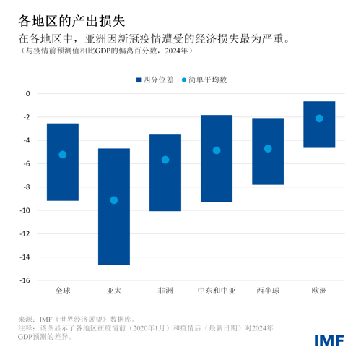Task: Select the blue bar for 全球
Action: (x=63, y=162)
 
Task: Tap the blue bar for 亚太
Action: (x=114, y=207)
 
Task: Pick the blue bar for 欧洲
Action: (x=319, y=124)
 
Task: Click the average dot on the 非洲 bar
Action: (x=165, y=160)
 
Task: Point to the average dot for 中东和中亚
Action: (x=217, y=150)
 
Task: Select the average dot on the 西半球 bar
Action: (x=268, y=149)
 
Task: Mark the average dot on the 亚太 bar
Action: (x=114, y=200)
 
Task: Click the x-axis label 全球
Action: (x=63, y=291)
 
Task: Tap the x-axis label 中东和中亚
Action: (x=217, y=291)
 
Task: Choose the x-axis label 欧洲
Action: (x=319, y=291)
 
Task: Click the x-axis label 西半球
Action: (x=268, y=291)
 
